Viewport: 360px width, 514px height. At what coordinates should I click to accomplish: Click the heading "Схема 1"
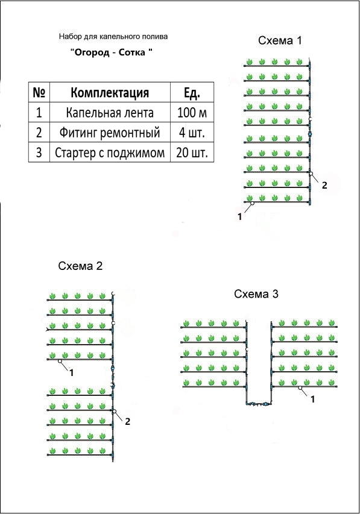(x=280, y=40)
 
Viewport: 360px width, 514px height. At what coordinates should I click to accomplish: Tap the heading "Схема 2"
(x=80, y=266)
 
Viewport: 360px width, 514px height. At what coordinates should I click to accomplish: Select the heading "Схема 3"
(x=256, y=294)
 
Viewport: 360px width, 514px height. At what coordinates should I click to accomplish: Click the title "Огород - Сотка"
(x=112, y=52)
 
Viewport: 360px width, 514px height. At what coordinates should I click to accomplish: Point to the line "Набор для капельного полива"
(x=113, y=36)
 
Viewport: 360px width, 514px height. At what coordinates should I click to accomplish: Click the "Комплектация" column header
(x=110, y=93)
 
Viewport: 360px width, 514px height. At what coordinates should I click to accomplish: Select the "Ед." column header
(x=192, y=93)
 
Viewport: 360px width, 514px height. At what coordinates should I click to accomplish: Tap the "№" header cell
(x=39, y=93)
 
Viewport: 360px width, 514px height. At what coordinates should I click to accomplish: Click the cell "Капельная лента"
(x=110, y=113)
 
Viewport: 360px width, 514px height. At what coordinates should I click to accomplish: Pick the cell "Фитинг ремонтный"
(x=110, y=133)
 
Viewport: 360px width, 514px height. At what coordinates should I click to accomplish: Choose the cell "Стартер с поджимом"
(x=110, y=153)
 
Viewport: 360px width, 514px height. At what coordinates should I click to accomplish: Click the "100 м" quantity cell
(x=192, y=113)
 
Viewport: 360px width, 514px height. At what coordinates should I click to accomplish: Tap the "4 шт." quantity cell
(x=192, y=133)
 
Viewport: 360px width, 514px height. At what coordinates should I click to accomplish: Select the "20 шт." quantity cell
(x=192, y=153)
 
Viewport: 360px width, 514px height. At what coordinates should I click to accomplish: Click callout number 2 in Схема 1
(x=324, y=185)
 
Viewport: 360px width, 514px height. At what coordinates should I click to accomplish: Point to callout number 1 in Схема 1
(x=240, y=217)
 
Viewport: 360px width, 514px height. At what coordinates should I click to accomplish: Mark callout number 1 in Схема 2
(x=72, y=373)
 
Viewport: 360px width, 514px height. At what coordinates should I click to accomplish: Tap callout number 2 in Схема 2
(x=128, y=421)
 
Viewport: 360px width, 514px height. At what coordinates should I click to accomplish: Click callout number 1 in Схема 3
(x=313, y=399)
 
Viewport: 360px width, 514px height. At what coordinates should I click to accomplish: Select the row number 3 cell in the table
(x=39, y=153)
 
